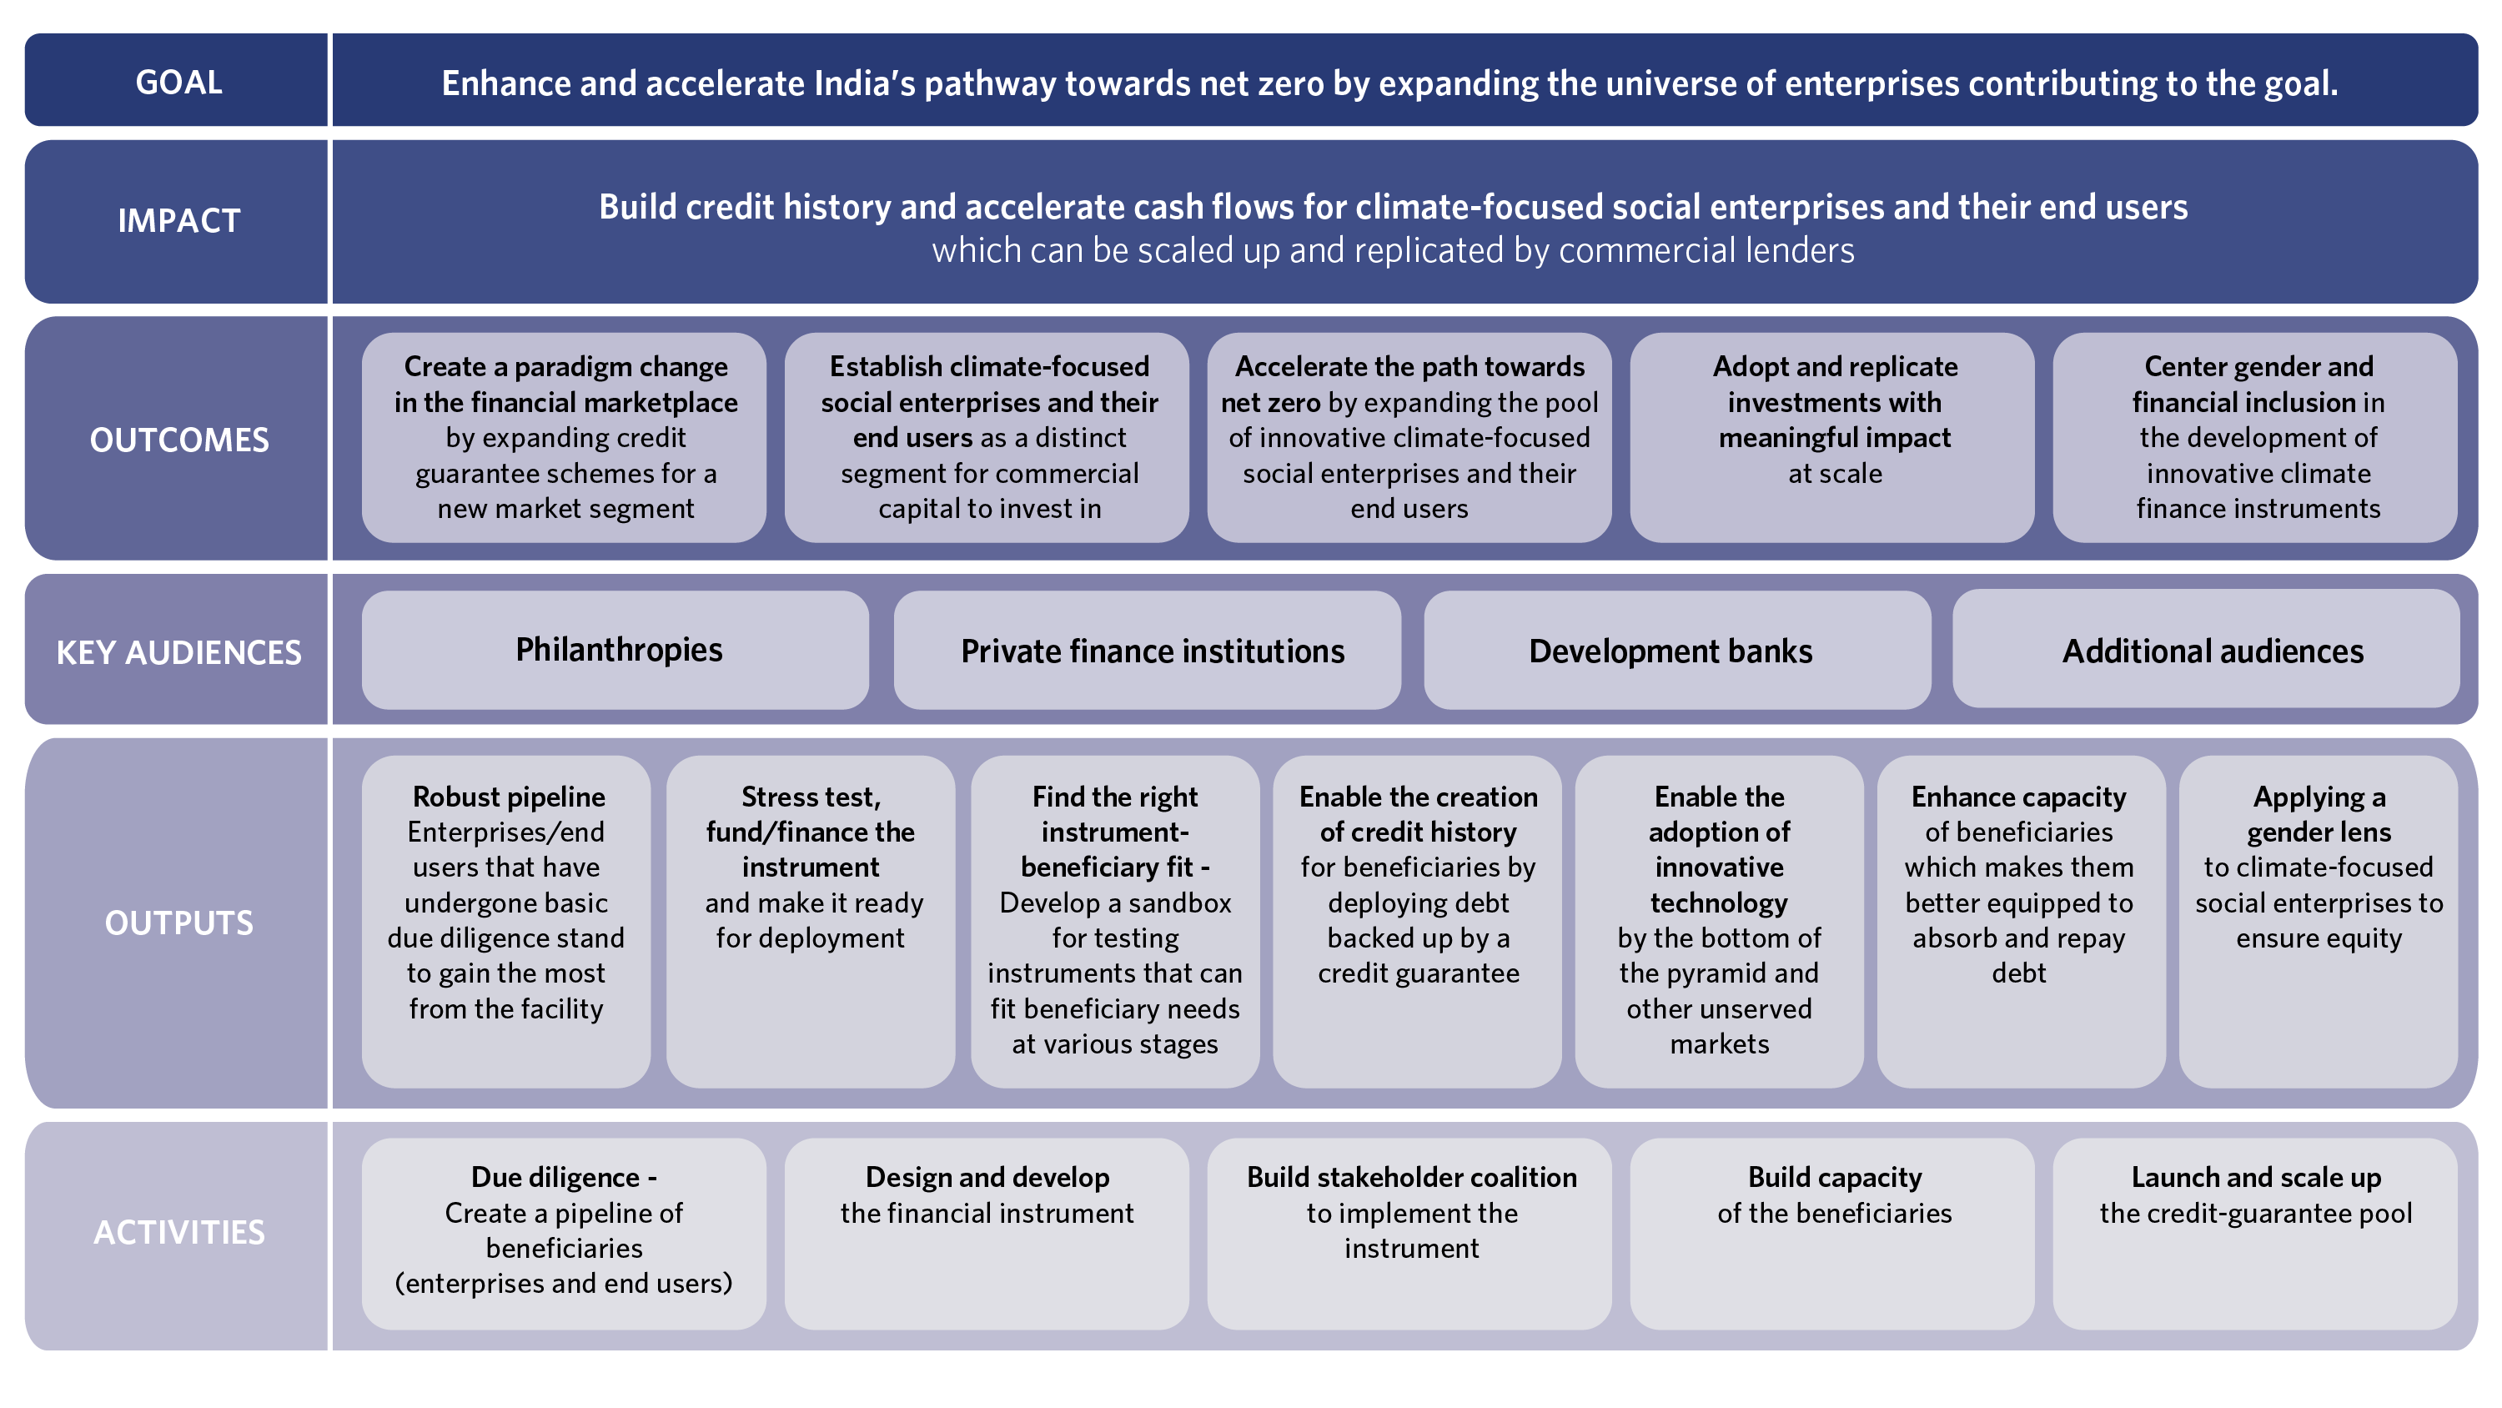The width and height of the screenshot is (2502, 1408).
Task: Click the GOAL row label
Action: (x=178, y=83)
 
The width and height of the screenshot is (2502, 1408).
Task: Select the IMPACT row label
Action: (x=178, y=220)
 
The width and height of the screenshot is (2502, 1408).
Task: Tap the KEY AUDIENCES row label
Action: (x=178, y=652)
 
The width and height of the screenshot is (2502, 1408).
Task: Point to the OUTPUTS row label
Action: (x=178, y=923)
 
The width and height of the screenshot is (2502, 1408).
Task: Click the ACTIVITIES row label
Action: (x=178, y=1232)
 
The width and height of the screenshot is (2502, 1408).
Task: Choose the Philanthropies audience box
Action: (x=615, y=650)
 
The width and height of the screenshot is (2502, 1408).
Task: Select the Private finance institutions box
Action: (x=1147, y=650)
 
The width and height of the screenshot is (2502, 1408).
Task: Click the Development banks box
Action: (x=1677, y=650)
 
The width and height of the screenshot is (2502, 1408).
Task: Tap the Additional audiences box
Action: (x=2206, y=649)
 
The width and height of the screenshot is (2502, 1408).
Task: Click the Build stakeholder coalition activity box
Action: (x=1409, y=1234)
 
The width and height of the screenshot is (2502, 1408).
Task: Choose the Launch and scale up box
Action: (x=2255, y=1234)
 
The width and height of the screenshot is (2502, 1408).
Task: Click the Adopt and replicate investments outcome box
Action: (x=1831, y=437)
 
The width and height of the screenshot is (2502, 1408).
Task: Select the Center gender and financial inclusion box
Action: (x=2255, y=437)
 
